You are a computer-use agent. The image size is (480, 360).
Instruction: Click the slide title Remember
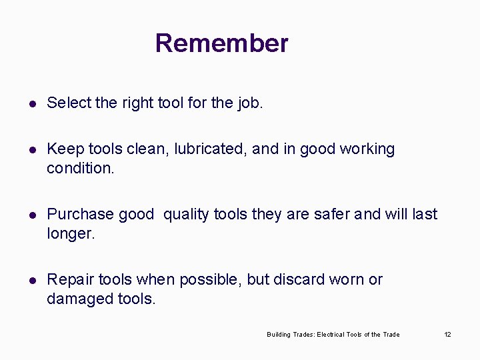pos(221,43)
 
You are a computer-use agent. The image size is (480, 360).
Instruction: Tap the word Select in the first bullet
pos(69,103)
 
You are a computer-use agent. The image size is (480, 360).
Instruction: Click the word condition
pos(79,168)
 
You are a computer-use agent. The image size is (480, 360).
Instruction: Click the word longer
pos(71,234)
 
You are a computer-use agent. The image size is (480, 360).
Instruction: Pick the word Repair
pos(67,280)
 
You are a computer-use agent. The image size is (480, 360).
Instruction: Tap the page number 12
pos(447,334)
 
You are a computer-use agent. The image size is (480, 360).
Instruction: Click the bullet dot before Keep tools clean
pos(31,149)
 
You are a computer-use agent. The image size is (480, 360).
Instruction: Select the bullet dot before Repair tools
pos(31,280)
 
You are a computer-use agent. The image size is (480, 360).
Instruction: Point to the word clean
pos(150,149)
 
